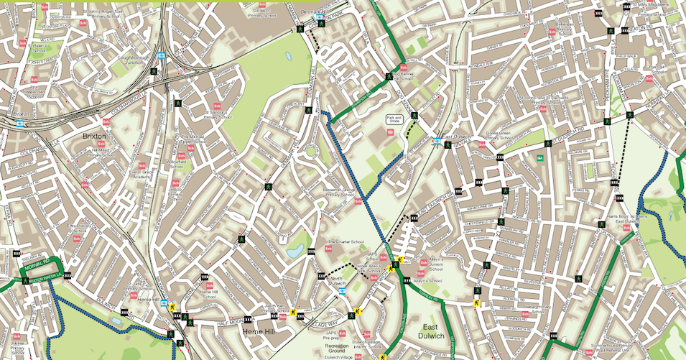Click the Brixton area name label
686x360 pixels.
point(94,136)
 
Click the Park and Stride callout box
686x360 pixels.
point(393,120)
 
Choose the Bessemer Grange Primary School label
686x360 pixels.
point(340,193)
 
